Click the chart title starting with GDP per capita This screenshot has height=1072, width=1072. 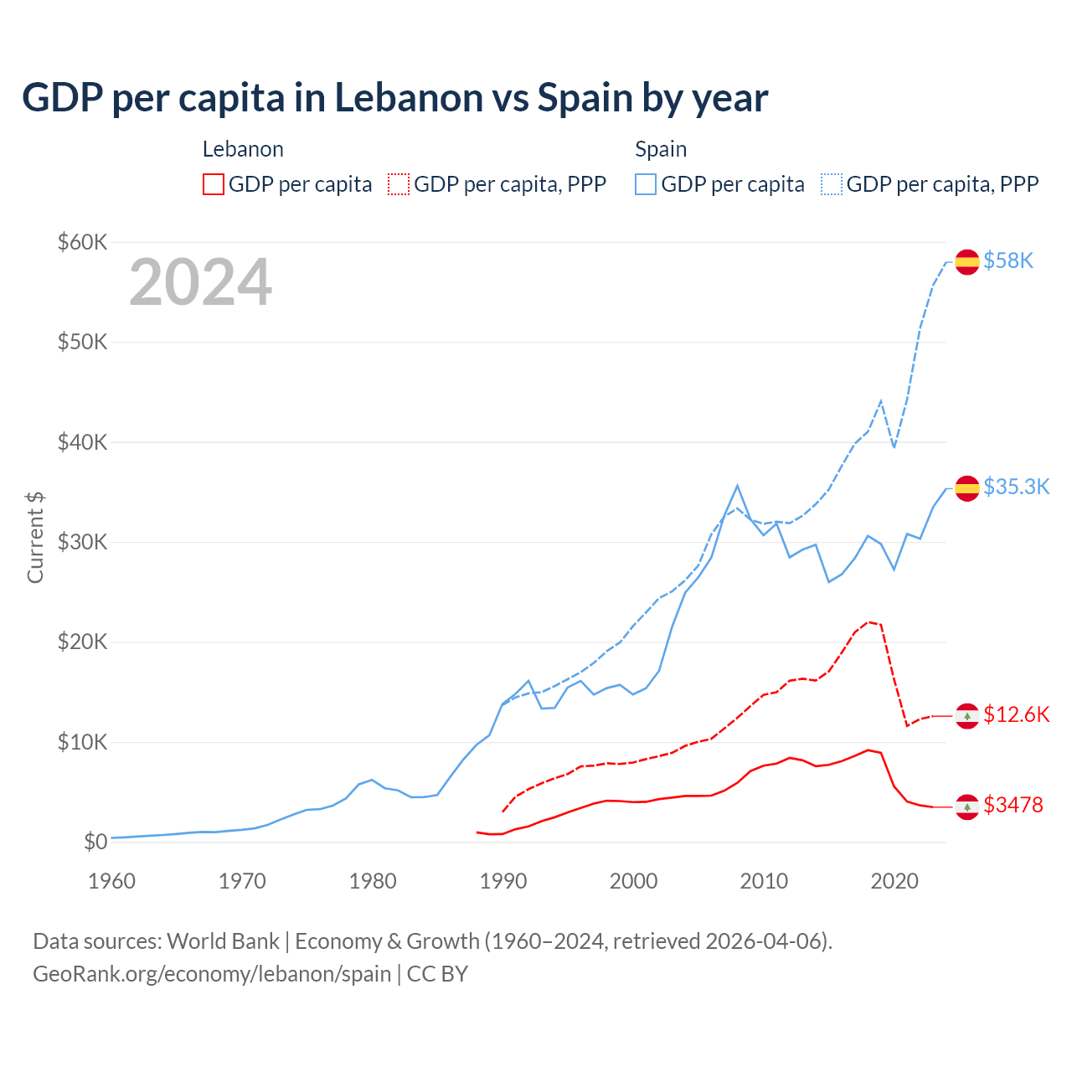[x=394, y=98]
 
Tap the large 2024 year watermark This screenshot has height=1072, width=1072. [x=200, y=282]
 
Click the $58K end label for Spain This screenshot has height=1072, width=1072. [x=1008, y=261]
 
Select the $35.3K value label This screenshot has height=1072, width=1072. [x=1016, y=487]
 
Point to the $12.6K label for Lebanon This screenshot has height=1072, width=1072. [x=1016, y=714]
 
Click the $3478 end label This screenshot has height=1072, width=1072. [x=1013, y=805]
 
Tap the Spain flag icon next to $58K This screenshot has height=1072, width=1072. [x=967, y=261]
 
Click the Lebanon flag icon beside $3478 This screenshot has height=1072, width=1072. [x=967, y=807]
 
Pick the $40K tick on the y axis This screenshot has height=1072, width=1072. [x=82, y=442]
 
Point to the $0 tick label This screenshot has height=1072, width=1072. [x=95, y=842]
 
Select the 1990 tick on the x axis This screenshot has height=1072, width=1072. [x=503, y=881]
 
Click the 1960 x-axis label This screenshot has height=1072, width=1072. [x=112, y=881]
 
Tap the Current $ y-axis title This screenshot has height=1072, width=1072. [x=35, y=537]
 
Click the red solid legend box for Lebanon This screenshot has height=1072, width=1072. [x=214, y=184]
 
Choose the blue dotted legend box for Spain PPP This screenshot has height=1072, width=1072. [x=832, y=184]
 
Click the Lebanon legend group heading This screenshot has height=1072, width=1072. [x=243, y=149]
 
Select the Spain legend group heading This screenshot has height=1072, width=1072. [x=661, y=149]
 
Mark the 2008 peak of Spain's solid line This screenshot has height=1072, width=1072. [x=737, y=486]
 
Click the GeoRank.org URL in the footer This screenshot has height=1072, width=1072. [x=212, y=974]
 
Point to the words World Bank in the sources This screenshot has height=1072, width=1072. [x=223, y=941]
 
